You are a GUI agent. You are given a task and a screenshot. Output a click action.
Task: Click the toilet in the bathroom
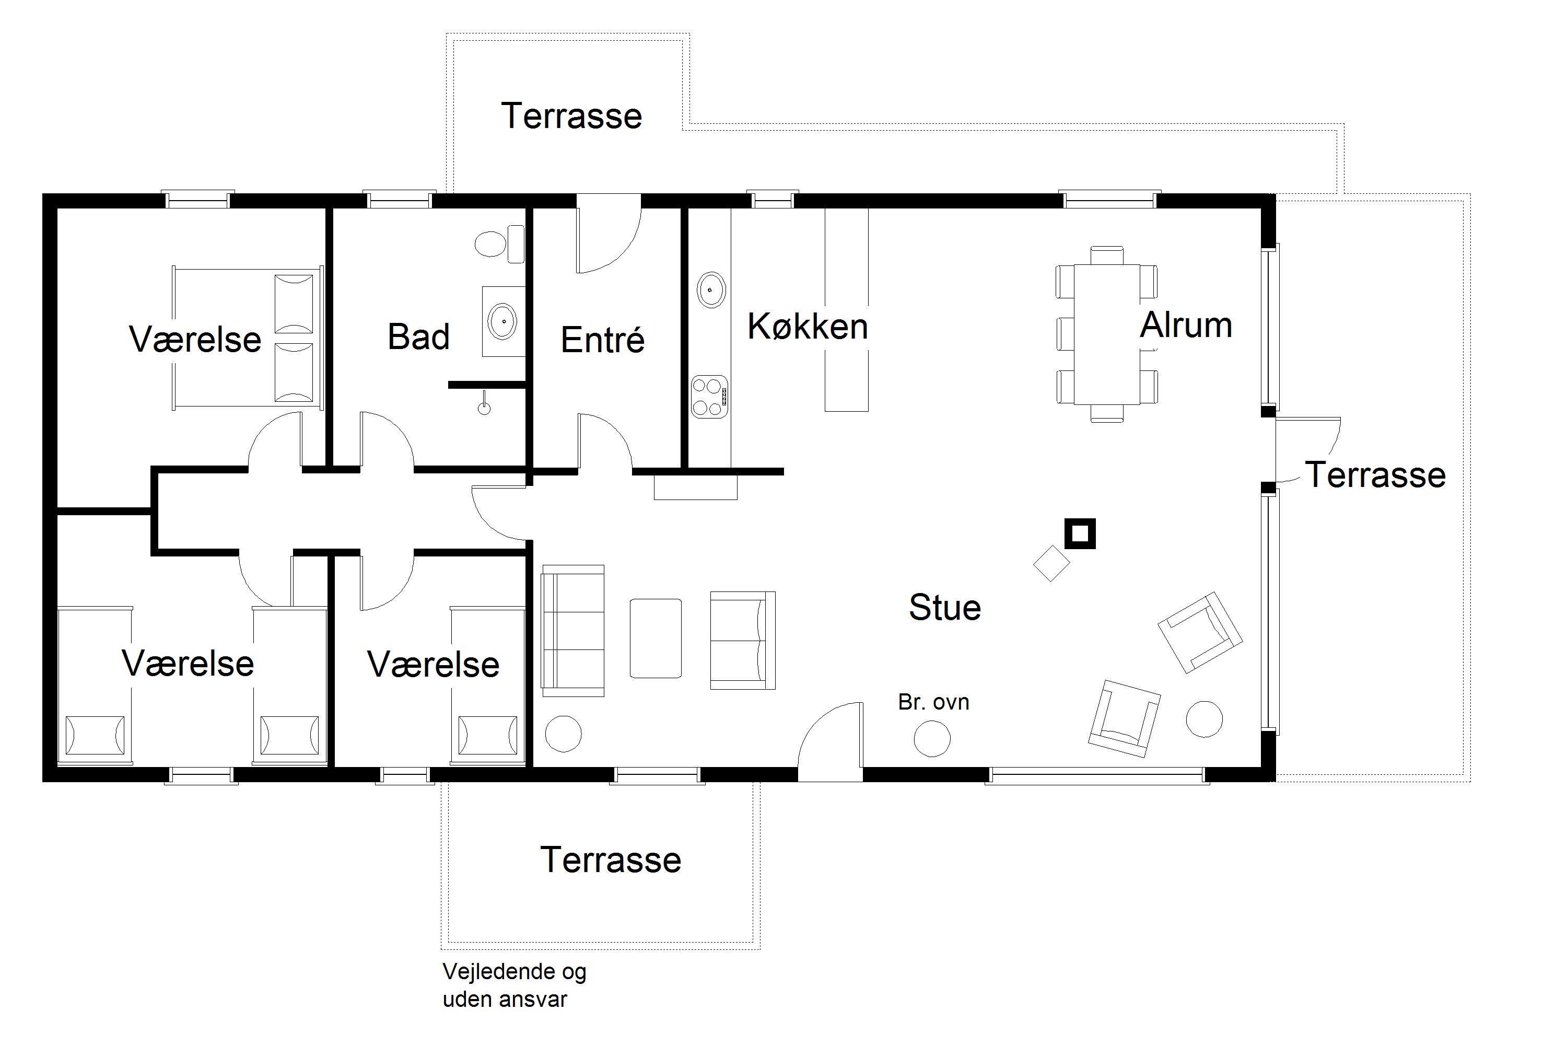click(x=500, y=244)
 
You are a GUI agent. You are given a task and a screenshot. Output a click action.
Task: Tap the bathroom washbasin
click(x=503, y=321)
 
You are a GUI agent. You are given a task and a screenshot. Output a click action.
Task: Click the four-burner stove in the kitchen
click(x=709, y=397)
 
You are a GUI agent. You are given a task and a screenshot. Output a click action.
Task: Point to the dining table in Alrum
click(x=1107, y=334)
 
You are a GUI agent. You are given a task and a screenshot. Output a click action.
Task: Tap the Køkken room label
click(x=808, y=327)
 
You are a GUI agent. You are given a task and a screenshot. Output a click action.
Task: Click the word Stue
click(x=945, y=607)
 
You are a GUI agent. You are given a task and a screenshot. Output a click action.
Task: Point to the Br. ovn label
click(x=933, y=702)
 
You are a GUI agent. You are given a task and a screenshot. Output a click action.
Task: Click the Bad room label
click(x=418, y=336)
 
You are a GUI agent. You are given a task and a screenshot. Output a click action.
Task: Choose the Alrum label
click(x=1186, y=325)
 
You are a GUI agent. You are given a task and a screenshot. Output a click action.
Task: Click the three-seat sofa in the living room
click(x=573, y=631)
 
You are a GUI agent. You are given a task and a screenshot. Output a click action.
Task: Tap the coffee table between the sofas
click(x=656, y=638)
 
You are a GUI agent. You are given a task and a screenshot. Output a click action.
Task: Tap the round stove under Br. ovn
click(x=932, y=738)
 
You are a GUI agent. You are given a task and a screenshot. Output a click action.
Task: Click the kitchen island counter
click(x=847, y=310)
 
